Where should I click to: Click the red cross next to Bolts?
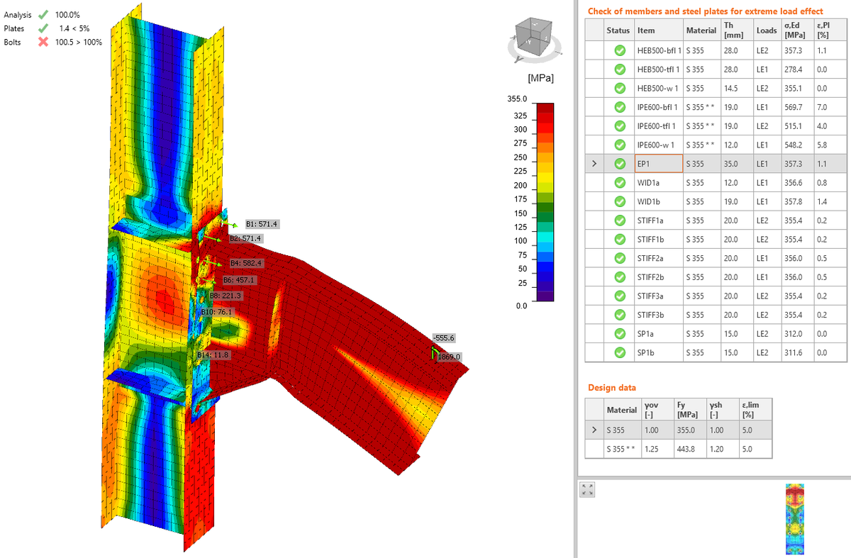pyautogui.click(x=43, y=42)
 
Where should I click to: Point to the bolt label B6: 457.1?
pyautogui.click(x=238, y=280)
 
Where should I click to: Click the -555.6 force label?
pyautogui.click(x=444, y=338)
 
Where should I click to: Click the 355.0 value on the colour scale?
pyautogui.click(x=518, y=98)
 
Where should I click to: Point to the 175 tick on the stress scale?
pyautogui.click(x=521, y=199)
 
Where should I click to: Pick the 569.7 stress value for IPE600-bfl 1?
pyautogui.click(x=793, y=107)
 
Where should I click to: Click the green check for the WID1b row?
pyautogui.click(x=619, y=201)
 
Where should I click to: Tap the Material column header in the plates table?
pyautogui.click(x=701, y=30)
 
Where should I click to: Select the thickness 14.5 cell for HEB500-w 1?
pyautogui.click(x=730, y=88)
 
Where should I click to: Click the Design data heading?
pyautogui.click(x=611, y=388)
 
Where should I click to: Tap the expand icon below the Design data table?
pyautogui.click(x=586, y=489)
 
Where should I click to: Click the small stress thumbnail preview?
pyautogui.click(x=795, y=519)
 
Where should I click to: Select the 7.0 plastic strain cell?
pyautogui.click(x=822, y=107)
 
